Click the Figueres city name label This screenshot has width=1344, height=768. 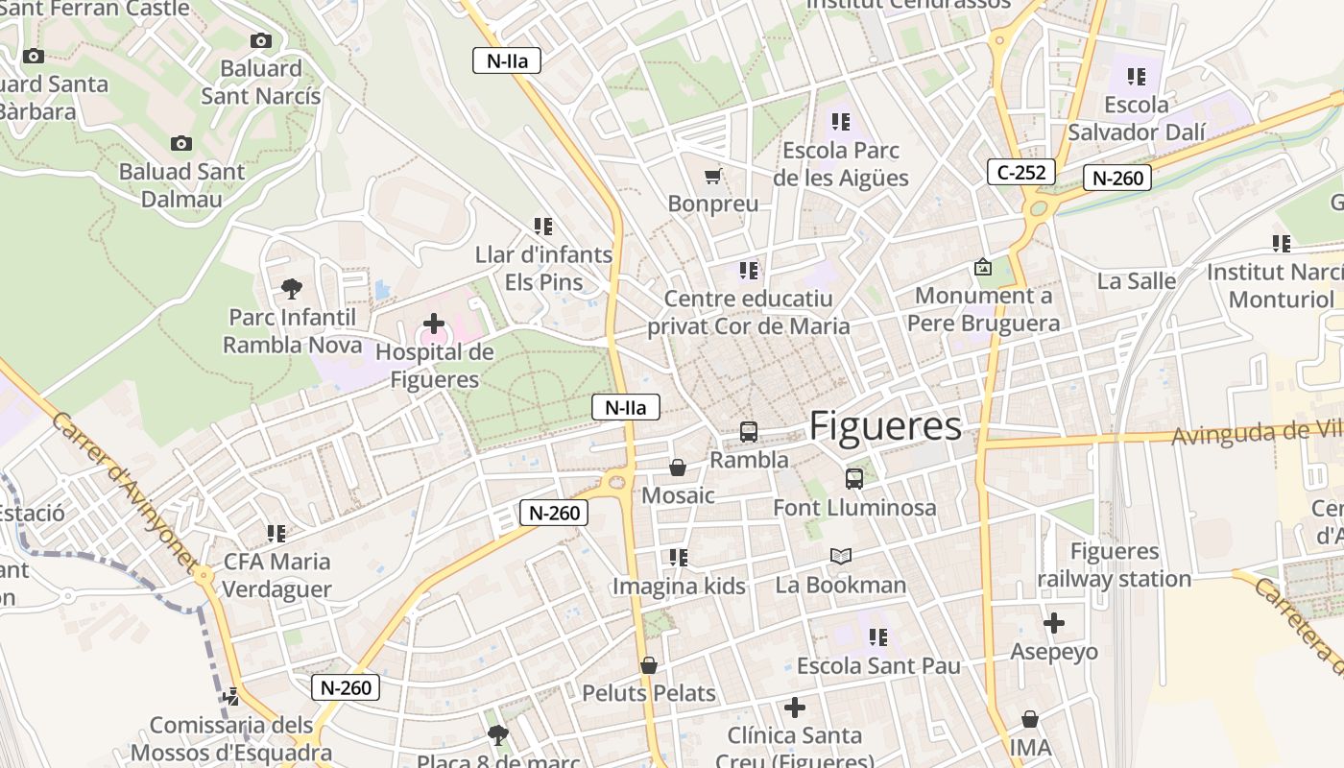(885, 426)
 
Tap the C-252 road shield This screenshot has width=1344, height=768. (1021, 173)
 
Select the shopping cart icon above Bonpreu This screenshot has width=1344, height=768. (712, 176)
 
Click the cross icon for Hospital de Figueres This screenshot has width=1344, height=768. (434, 324)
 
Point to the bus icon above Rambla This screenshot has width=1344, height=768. (749, 432)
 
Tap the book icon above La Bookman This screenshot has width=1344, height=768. (841, 556)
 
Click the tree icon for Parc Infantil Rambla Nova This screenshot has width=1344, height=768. (292, 288)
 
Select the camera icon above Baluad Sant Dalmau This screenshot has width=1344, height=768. (181, 144)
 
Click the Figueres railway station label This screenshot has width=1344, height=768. (1114, 565)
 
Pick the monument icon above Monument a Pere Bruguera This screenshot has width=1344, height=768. (983, 267)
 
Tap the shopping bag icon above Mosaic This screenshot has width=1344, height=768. (678, 468)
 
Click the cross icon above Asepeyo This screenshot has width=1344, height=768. (1054, 623)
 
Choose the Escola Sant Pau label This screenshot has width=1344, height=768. (878, 666)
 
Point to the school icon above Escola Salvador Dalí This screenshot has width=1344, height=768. (1137, 76)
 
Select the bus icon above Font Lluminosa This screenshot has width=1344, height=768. (854, 478)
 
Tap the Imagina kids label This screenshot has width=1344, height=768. (679, 586)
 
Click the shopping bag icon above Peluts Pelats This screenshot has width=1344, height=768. (649, 665)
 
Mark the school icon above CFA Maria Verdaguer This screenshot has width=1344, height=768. (276, 533)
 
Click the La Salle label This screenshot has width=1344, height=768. (1137, 281)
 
